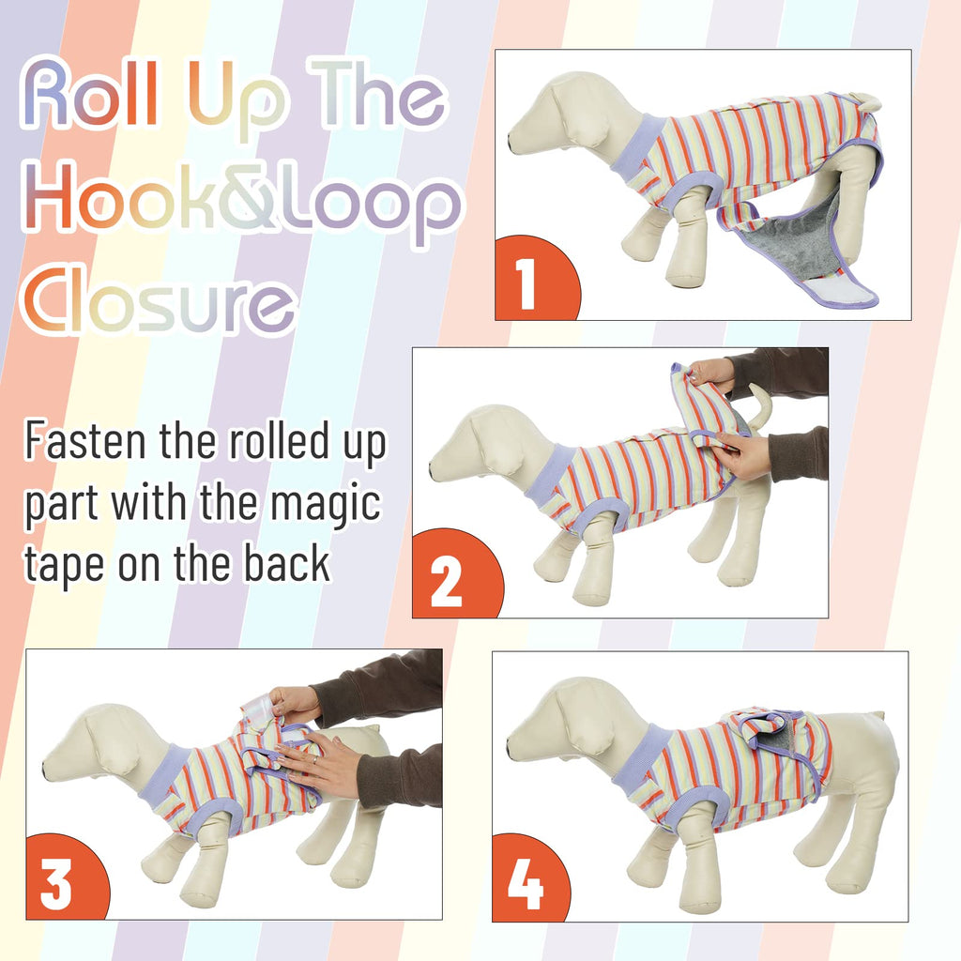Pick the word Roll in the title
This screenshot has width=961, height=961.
pos(91,93)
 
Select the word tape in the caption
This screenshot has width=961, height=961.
pos(64,565)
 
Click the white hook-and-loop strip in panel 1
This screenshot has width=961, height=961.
pos(833,288)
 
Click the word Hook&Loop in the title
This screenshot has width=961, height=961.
pos(241,204)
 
